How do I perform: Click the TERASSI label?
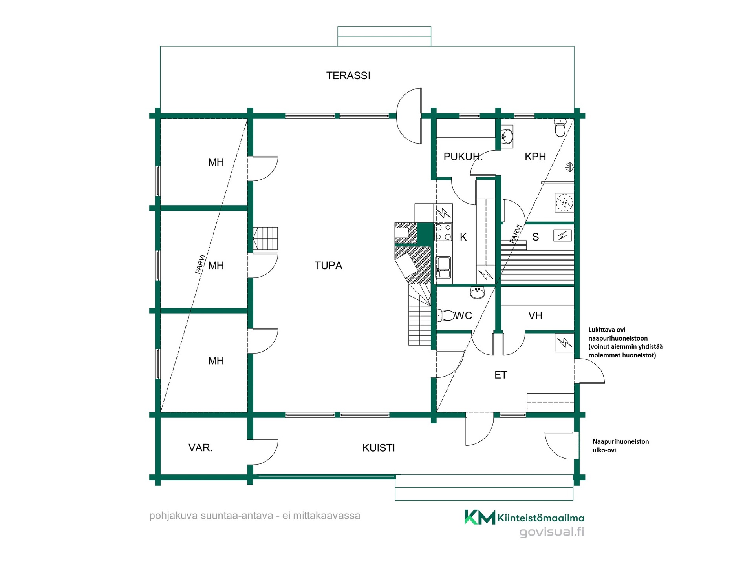(x=348, y=75)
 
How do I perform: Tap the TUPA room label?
(x=328, y=266)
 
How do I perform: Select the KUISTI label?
(x=379, y=448)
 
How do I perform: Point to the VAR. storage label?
(x=200, y=448)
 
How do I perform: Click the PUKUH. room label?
(x=463, y=157)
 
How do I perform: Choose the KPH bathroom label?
(x=535, y=157)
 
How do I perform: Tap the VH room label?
(x=535, y=315)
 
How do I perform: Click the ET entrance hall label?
(x=501, y=375)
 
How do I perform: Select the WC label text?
(x=463, y=315)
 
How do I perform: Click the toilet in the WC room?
(x=445, y=315)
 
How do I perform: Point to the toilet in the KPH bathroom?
(x=560, y=127)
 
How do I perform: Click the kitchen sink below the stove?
(x=444, y=267)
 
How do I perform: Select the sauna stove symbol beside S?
(x=563, y=235)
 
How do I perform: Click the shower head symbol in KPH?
(x=569, y=167)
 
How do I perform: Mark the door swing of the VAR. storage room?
(x=271, y=457)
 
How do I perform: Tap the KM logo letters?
(x=480, y=517)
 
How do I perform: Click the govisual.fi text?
(x=552, y=532)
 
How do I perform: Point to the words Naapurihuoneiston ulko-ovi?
(x=620, y=446)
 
